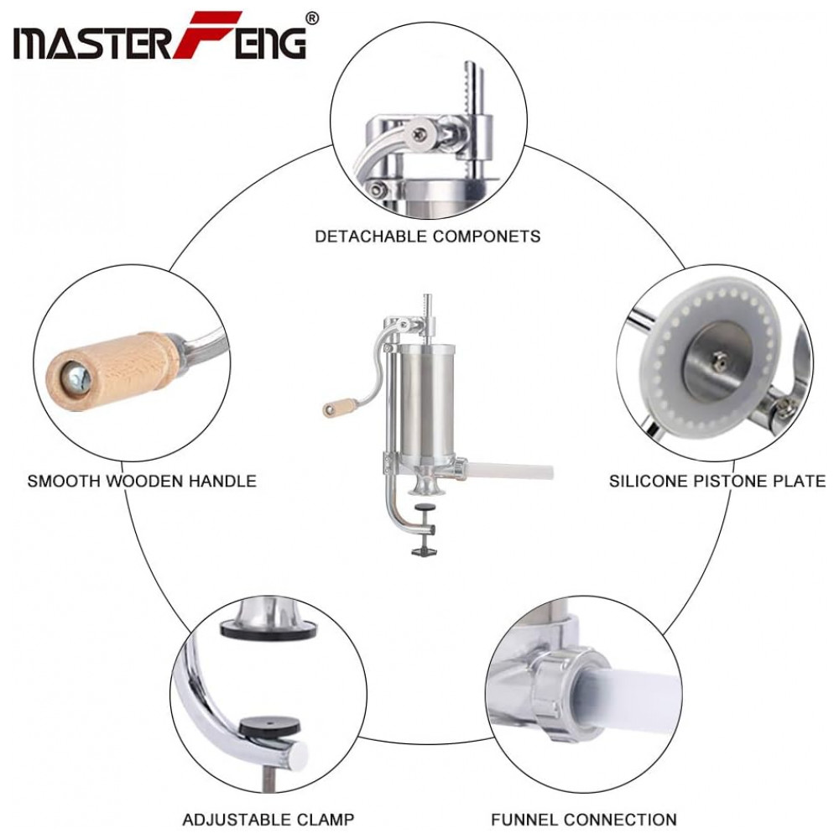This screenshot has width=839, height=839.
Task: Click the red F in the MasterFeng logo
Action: tap(201, 34)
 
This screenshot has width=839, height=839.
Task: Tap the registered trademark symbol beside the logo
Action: tap(311, 18)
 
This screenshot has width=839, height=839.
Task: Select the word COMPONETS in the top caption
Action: tap(486, 236)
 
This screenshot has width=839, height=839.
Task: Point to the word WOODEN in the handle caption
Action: tap(143, 481)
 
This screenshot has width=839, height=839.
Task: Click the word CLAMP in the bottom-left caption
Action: tap(326, 819)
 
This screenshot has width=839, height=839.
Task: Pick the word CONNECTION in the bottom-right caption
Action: tap(620, 819)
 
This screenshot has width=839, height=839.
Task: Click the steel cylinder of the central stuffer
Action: tap(428, 404)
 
